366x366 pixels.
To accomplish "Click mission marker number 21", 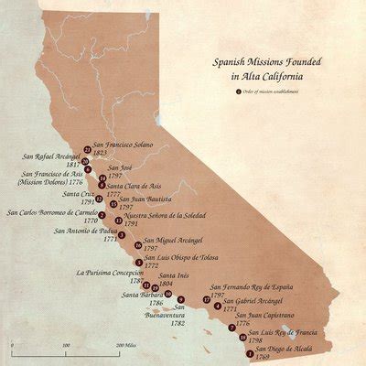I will click(x=87, y=149).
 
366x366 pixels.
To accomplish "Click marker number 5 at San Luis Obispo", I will click(x=138, y=263).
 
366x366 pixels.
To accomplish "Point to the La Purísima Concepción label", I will click(x=110, y=272).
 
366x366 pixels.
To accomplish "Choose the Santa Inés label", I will click(x=173, y=275).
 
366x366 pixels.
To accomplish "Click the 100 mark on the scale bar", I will click(x=66, y=346).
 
